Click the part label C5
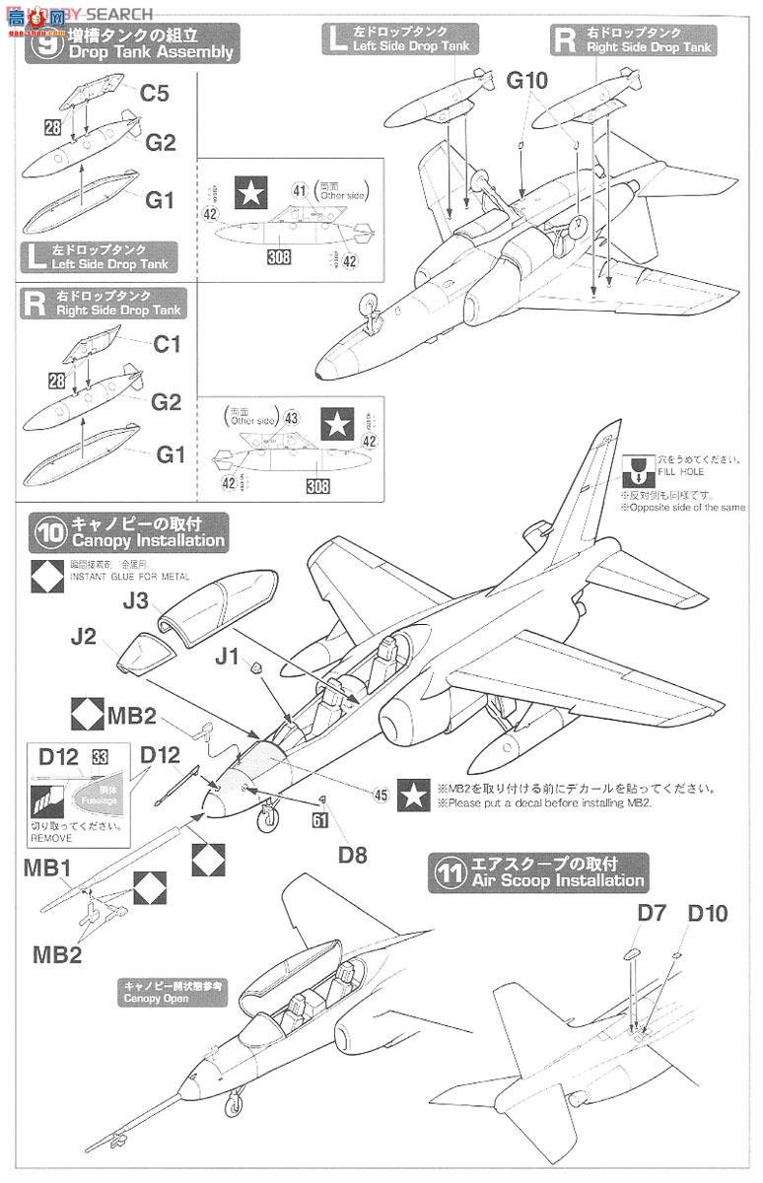154,95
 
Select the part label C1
167,346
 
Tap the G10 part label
527,82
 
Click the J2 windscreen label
84,637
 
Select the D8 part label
352,855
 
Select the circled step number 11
450,871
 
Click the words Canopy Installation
145,541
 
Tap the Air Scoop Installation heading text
558,880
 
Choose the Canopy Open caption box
173,992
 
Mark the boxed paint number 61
318,817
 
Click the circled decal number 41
299,188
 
